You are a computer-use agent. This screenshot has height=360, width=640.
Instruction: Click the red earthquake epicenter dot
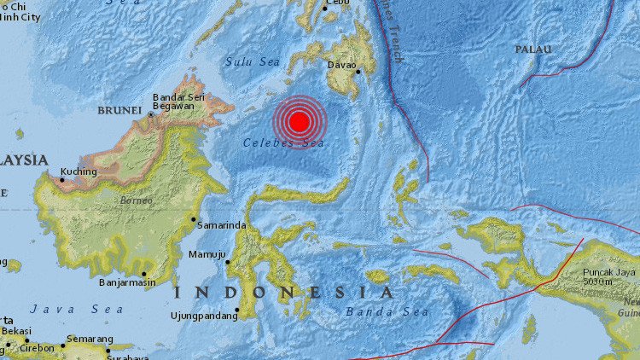pos(299,123)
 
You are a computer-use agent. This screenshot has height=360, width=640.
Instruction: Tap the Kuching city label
pos(79,171)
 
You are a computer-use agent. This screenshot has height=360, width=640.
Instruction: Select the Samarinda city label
pos(223,224)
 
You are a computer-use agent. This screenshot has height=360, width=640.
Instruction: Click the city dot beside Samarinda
pos(194,219)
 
